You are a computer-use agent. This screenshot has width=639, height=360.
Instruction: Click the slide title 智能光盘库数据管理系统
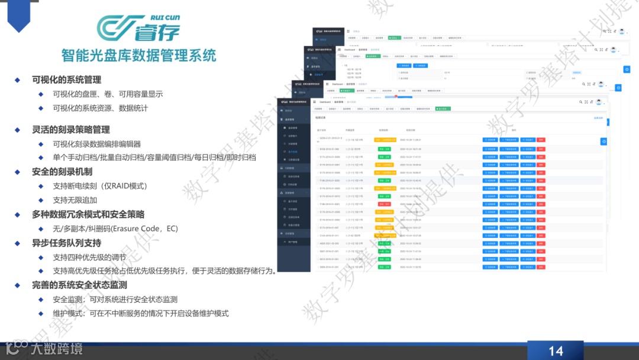138,56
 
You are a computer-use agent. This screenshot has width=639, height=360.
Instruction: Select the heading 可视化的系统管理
66,79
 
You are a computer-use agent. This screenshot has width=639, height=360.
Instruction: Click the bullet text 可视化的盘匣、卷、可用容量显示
108,94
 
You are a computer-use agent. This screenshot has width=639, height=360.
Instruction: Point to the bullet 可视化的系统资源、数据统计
100,108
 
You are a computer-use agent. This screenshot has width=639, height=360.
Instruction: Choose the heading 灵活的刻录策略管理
70,129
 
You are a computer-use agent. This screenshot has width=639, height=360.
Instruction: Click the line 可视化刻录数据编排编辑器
96,144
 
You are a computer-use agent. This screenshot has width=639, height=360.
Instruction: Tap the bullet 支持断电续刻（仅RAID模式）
100,186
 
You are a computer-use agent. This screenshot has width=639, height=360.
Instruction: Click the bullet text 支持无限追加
75,200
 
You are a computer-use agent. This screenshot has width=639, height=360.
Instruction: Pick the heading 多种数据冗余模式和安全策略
88,214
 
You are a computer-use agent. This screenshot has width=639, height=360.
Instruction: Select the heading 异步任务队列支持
66,243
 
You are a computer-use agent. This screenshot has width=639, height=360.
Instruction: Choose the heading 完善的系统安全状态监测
79,285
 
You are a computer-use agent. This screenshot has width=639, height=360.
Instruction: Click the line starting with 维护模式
140,314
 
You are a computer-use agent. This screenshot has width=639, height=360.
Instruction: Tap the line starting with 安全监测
115,300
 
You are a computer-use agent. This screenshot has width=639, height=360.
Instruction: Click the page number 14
556,351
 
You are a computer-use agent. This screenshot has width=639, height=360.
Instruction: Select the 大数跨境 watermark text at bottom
56,349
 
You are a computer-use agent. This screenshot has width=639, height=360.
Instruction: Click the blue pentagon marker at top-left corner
18,14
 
